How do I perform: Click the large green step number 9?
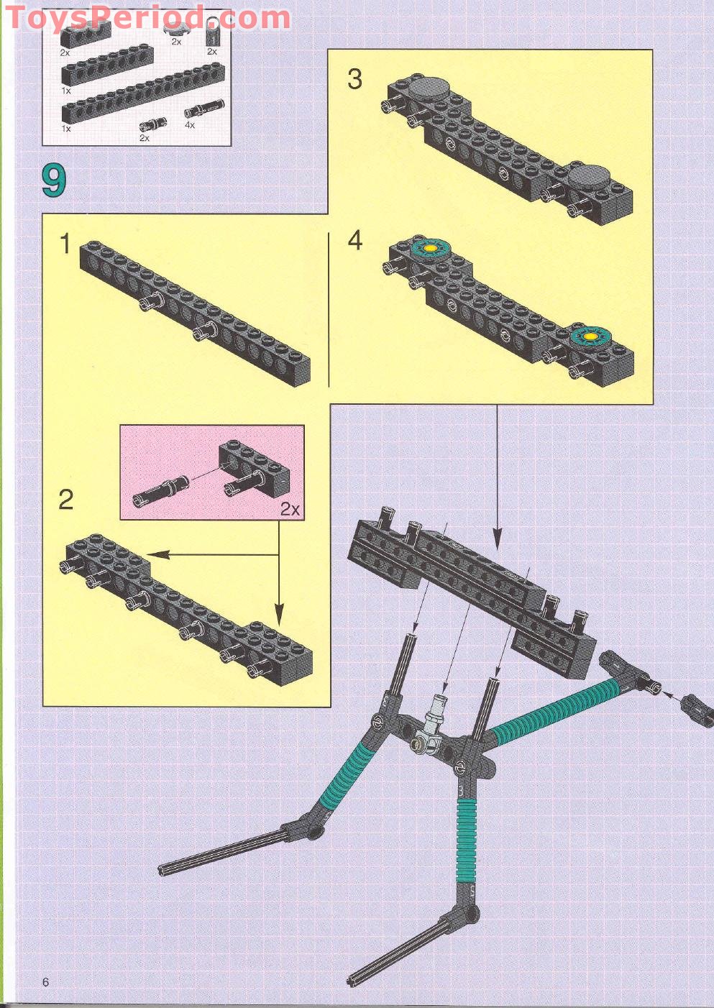(x=54, y=180)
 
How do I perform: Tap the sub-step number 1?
(x=65, y=244)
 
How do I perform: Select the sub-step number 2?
(x=65, y=499)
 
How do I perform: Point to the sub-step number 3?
(x=354, y=79)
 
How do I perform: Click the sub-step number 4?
(x=354, y=240)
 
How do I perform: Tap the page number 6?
(x=45, y=982)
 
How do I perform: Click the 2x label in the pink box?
(x=290, y=509)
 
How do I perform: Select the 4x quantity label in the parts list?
(x=190, y=125)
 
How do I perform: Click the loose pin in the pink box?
(x=160, y=490)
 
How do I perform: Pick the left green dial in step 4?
(x=430, y=249)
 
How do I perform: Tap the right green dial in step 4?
(x=591, y=336)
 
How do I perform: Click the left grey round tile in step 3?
(x=430, y=89)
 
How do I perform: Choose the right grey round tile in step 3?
(x=589, y=175)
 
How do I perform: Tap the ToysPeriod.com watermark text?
(x=147, y=17)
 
